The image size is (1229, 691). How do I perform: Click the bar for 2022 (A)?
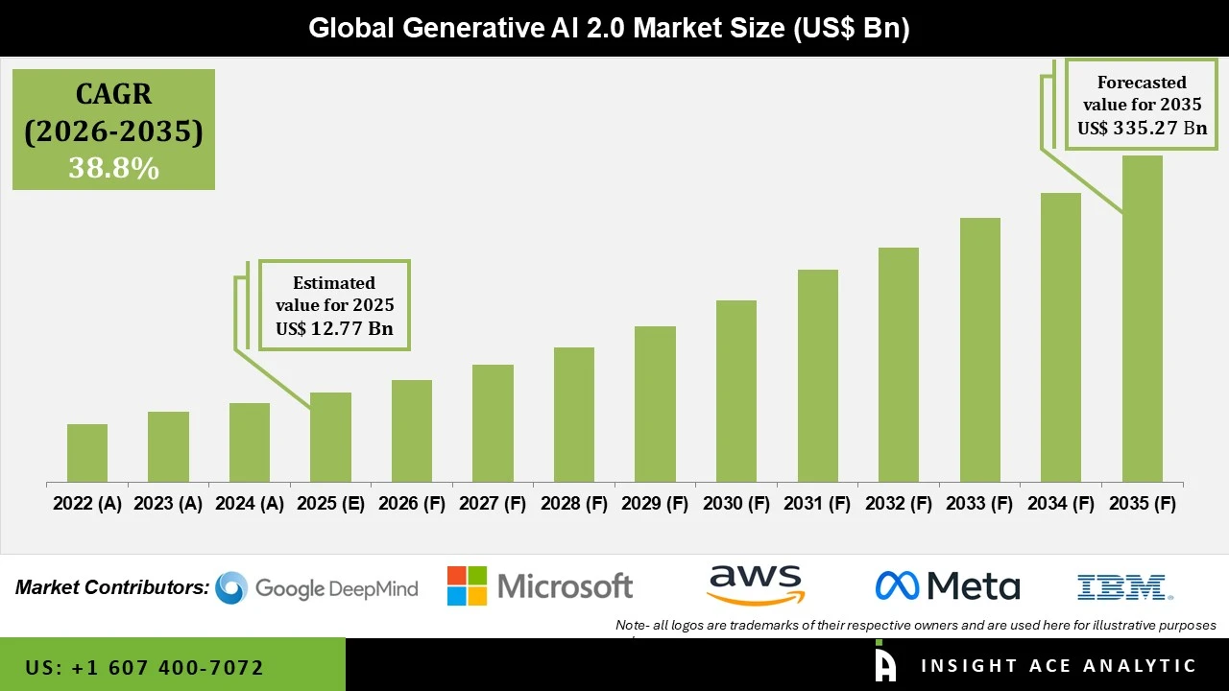tap(87, 453)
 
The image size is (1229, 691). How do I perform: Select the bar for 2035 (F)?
tap(1142, 319)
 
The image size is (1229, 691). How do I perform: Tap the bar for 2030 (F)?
tap(735, 391)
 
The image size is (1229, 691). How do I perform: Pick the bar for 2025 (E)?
tap(330, 437)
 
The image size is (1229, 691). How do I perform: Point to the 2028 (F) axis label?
tap(574, 504)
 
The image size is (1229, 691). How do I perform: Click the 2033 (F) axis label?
tap(979, 504)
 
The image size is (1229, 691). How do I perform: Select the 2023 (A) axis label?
tap(168, 504)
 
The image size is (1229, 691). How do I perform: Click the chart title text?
tap(609, 28)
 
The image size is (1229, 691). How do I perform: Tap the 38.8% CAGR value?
tap(113, 169)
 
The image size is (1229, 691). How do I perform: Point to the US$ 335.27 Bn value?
tap(1142, 128)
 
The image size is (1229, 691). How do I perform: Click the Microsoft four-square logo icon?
tap(467, 586)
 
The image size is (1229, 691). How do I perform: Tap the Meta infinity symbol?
tap(897, 585)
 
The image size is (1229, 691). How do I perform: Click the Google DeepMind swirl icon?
tap(231, 587)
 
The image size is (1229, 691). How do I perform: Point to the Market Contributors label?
tap(111, 587)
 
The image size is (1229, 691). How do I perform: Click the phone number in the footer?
tap(144, 667)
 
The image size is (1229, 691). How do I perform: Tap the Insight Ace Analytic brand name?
tap(1058, 666)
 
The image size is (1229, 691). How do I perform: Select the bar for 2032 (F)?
tap(898, 365)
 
